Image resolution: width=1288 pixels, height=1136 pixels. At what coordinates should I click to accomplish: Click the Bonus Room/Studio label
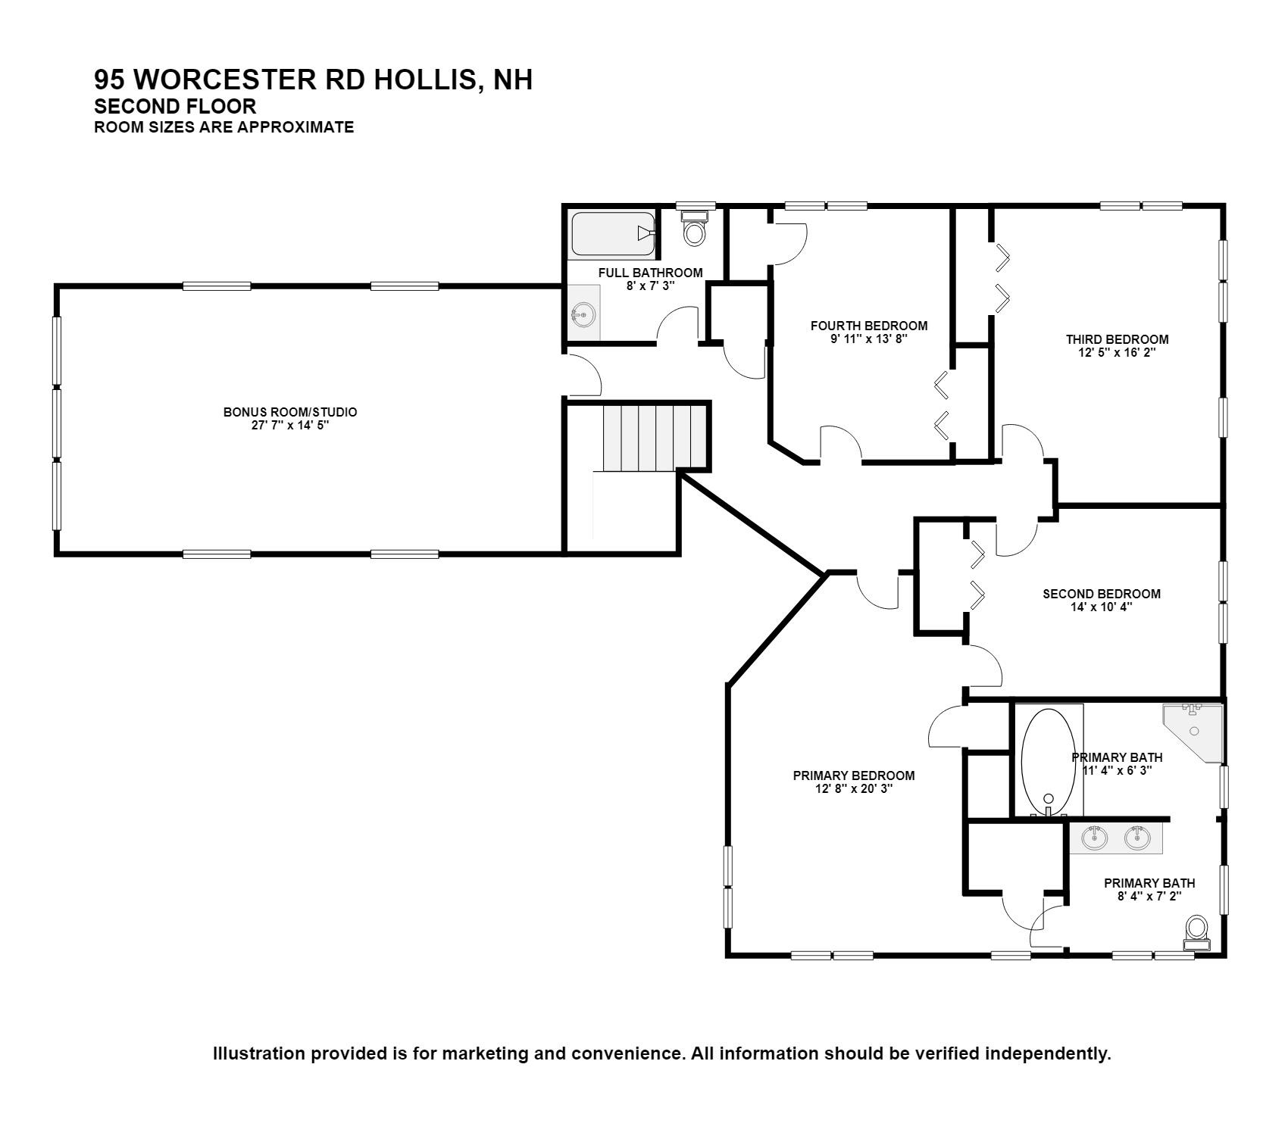point(289,412)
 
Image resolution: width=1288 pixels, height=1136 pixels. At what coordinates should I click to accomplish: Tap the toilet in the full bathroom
point(694,227)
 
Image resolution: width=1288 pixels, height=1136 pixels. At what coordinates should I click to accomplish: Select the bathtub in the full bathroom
point(612,234)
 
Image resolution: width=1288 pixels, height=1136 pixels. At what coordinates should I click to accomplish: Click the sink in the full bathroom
point(583,313)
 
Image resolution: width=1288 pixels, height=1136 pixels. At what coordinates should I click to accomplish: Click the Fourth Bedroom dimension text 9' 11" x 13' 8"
point(868,339)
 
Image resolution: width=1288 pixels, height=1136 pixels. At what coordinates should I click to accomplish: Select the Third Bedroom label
point(1117,339)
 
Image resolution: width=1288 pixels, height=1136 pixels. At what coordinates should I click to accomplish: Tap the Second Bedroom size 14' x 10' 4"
point(1101,607)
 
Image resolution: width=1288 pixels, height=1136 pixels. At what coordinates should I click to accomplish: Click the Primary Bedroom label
point(854,776)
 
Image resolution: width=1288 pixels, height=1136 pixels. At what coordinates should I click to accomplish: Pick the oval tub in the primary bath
point(1048,762)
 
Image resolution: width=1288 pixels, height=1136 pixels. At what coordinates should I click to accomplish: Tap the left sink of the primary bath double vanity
point(1095,838)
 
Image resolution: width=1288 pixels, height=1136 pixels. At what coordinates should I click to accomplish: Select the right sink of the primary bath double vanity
point(1136,838)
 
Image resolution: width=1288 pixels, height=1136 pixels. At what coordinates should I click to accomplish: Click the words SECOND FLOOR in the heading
point(175,106)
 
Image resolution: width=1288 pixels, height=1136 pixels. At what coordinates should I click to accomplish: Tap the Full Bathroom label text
point(650,273)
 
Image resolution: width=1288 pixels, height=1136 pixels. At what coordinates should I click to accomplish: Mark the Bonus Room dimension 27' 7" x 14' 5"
point(289,426)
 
